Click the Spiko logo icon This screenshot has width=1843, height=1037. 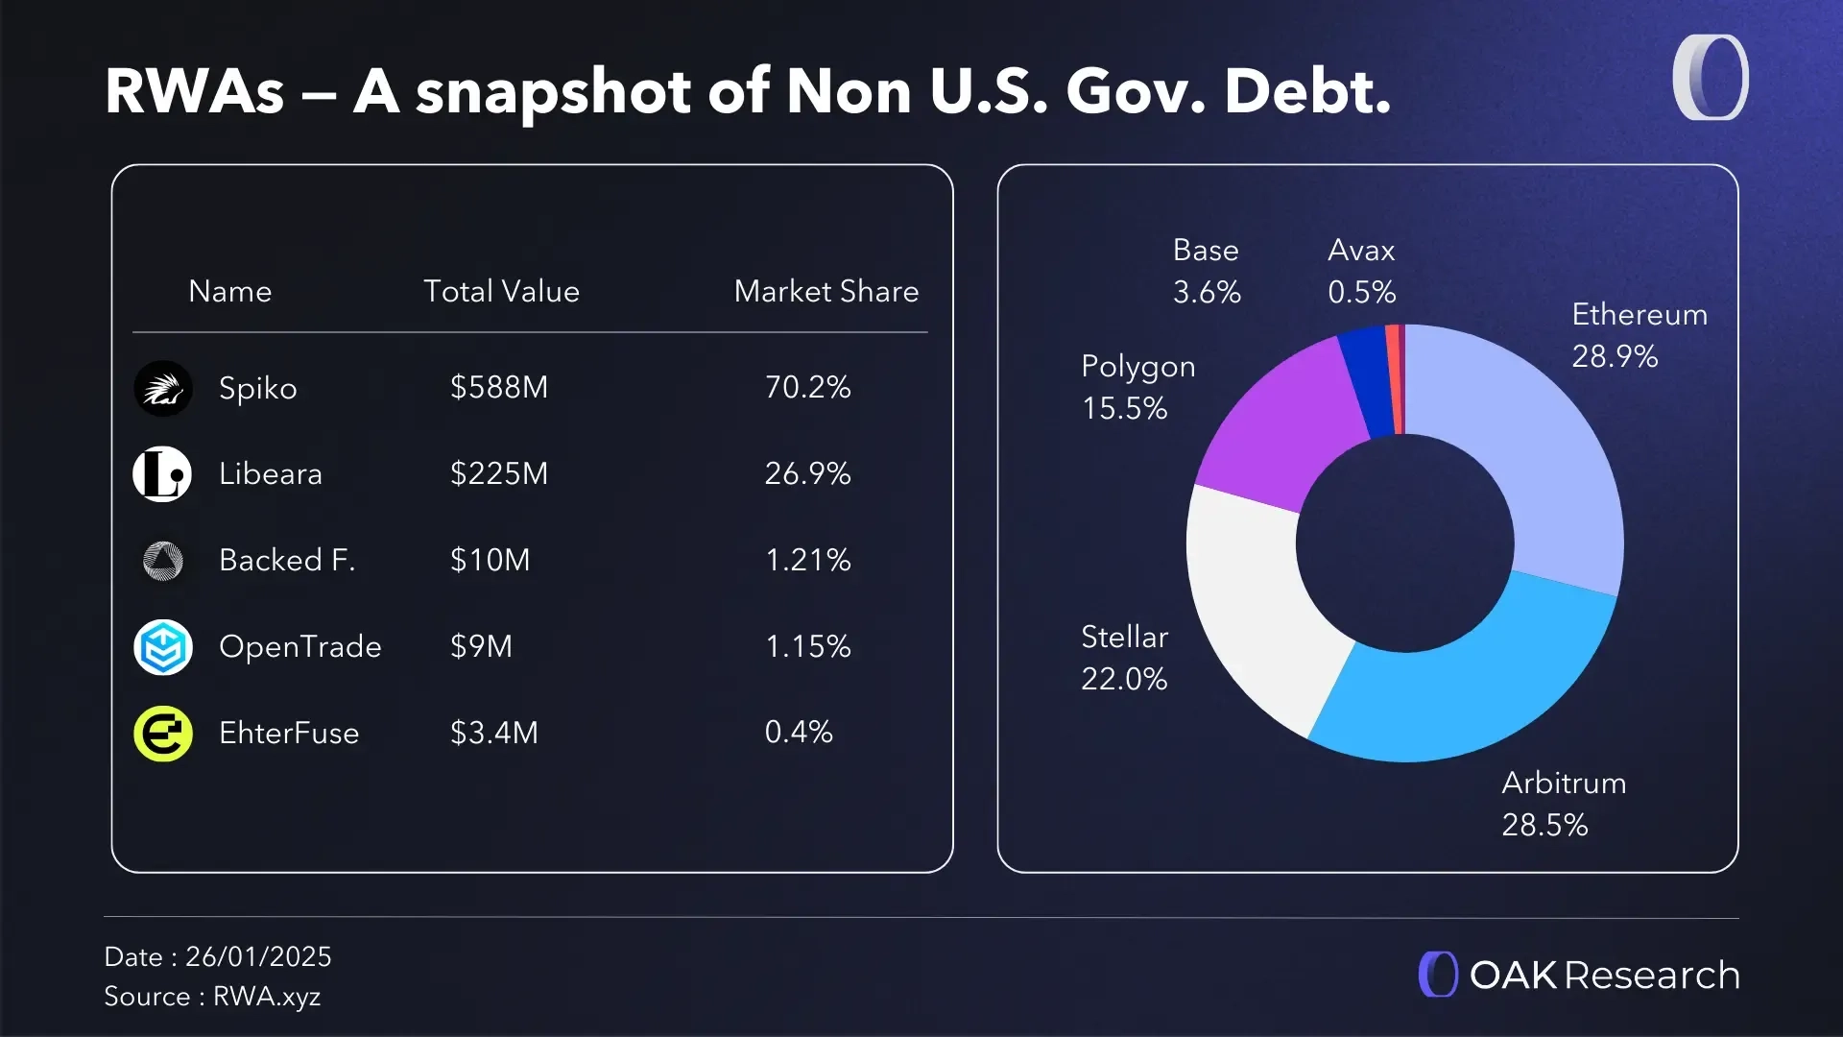coord(162,388)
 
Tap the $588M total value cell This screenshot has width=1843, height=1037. coord(498,387)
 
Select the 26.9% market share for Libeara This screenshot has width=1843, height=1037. coord(807,473)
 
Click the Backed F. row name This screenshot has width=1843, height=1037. coord(286,560)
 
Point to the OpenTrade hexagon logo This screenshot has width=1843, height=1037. coord(162,647)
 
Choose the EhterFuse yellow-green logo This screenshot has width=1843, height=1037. coord(162,734)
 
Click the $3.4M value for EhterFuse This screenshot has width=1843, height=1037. coord(493,733)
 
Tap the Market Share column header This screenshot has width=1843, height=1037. coord(826,291)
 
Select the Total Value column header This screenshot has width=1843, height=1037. coord(501,291)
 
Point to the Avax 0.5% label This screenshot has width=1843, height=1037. coord(1361,271)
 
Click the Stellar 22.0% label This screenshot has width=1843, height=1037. coord(1124,658)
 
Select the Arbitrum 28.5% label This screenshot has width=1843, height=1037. coord(1563,804)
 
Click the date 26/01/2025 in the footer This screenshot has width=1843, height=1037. coord(258,956)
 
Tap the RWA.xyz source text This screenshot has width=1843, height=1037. coord(267,997)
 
